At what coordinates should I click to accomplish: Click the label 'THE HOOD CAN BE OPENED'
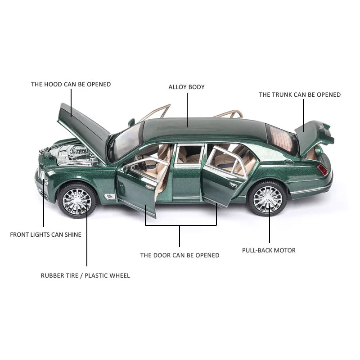click(71, 84)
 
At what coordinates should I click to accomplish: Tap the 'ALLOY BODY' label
click(186, 87)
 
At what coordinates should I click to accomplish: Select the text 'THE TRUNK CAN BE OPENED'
click(300, 94)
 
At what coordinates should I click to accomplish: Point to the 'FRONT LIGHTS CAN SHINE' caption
click(46, 234)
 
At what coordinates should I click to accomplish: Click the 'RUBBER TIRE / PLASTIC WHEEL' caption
click(85, 275)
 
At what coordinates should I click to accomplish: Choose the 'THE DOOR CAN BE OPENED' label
click(180, 255)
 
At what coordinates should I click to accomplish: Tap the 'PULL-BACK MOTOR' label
click(269, 250)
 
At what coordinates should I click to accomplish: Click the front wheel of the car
click(77, 200)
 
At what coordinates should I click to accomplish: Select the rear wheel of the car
click(268, 198)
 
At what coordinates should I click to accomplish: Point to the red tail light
click(322, 170)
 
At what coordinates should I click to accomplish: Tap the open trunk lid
click(314, 138)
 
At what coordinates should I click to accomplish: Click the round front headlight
click(42, 175)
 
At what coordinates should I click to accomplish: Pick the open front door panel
click(137, 189)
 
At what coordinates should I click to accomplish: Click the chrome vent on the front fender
click(109, 197)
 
